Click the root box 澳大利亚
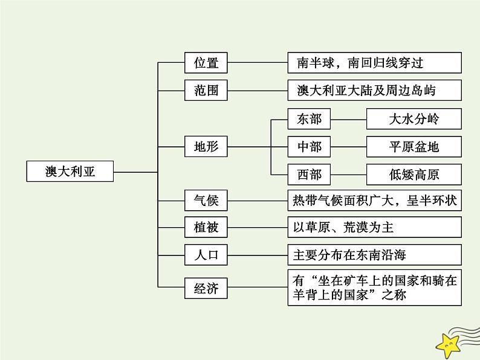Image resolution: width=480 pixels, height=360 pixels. coord(70,172)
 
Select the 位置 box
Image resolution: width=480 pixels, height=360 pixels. coord(201,62)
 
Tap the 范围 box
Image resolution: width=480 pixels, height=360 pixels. coord(201,91)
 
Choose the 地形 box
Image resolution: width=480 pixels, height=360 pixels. coord(201,146)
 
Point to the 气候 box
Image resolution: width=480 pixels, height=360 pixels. coord(201,199)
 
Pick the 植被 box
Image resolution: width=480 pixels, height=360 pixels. coord(201,227)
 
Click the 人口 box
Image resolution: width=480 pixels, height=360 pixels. coord(201,255)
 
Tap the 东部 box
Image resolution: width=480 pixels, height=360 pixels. coord(309,119)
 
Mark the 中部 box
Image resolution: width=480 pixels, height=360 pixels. coord(309,146)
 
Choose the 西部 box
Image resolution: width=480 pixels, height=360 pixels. coord(309,175)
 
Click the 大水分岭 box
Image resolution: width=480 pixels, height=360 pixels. coord(414,119)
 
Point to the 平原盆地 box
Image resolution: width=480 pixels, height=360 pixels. coord(414,146)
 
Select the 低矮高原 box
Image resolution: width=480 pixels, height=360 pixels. coord(414,175)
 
